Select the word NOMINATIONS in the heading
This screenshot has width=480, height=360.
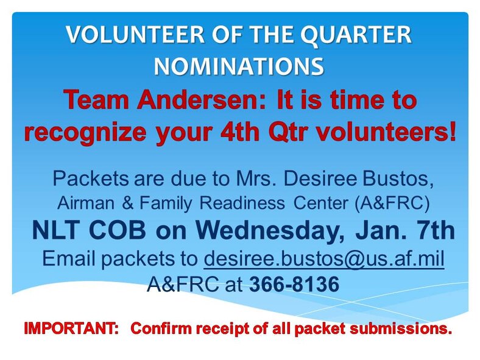pos(239,65)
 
